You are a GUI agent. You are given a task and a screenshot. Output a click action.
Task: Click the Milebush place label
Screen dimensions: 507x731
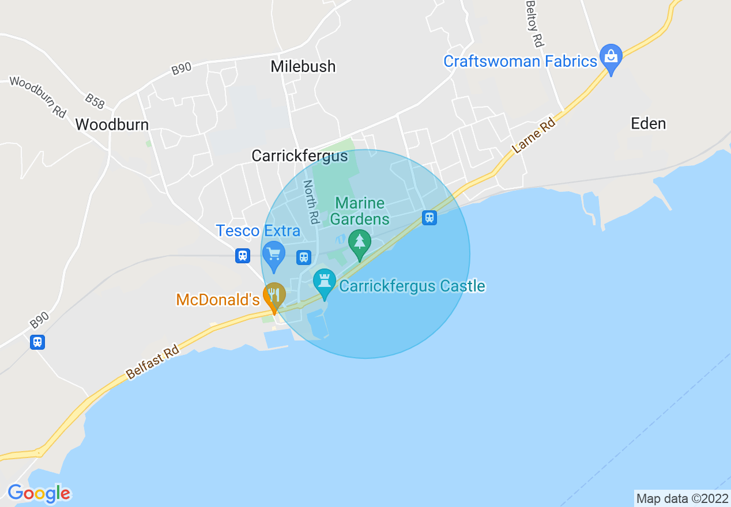303,66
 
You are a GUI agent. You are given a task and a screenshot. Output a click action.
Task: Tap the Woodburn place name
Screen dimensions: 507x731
112,124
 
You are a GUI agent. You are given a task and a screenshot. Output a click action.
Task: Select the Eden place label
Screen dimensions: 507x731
648,123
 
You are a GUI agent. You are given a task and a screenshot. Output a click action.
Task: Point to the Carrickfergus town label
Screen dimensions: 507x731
299,156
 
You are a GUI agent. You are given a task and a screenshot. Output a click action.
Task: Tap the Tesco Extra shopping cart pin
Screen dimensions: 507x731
273,254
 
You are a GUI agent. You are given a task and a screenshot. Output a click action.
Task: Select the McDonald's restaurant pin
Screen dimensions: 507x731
274,296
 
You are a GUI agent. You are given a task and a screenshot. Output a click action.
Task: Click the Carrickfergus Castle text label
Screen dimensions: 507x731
412,286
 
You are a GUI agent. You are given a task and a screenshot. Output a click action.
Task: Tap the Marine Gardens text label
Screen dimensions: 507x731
360,211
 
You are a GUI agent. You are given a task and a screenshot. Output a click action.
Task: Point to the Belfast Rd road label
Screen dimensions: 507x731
153,362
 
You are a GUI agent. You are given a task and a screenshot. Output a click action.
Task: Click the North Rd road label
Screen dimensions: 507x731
311,202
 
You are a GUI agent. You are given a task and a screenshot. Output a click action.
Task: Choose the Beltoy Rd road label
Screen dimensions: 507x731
534,24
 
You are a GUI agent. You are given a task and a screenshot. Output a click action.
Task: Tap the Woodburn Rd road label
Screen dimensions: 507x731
38,97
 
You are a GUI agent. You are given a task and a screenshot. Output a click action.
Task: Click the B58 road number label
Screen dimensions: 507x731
95,101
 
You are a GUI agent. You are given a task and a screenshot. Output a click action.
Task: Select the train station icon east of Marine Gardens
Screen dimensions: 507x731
429,218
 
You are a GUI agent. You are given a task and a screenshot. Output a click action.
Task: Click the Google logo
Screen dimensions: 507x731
39,493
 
